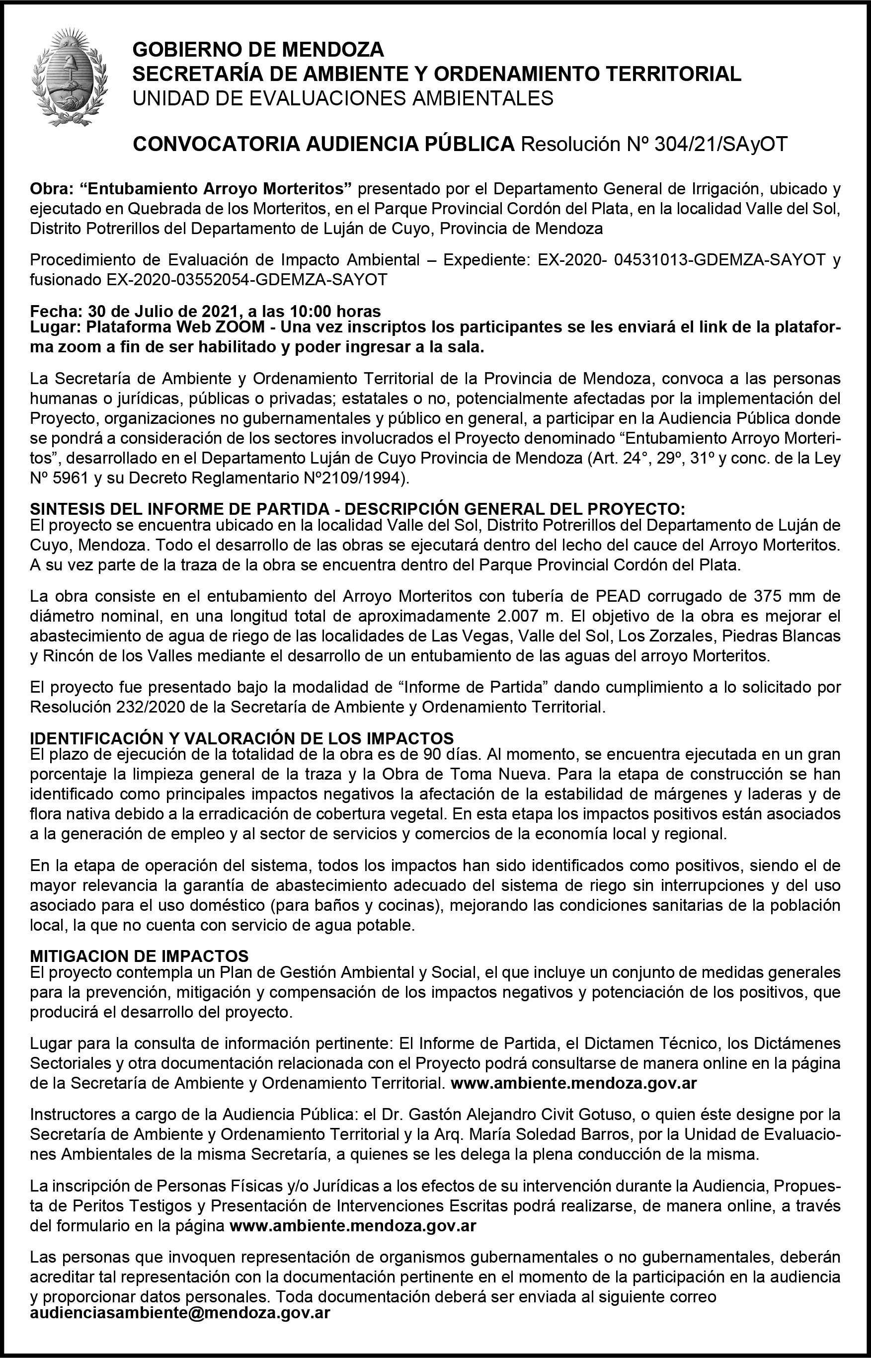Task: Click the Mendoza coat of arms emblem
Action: pyautogui.click(x=70, y=78)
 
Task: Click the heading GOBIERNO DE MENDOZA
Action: pyautogui.click(x=258, y=50)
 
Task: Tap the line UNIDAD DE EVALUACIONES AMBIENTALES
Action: pyautogui.click(x=343, y=98)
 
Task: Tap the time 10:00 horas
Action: pyautogui.click(x=335, y=311)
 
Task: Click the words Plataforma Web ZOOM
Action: pyautogui.click(x=175, y=327)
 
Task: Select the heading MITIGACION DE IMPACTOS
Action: pyautogui.click(x=139, y=956)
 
